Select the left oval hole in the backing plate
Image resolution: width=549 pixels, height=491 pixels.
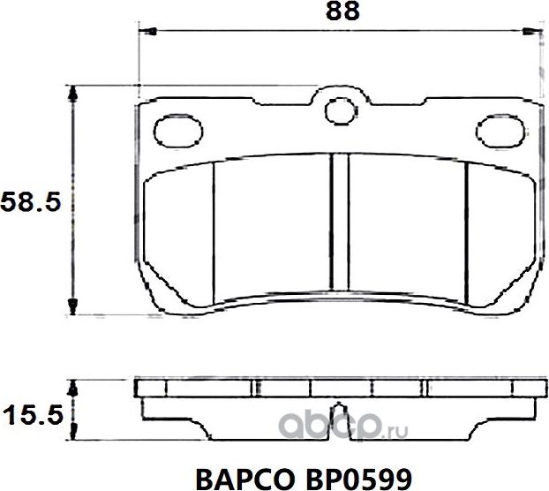click(x=177, y=130)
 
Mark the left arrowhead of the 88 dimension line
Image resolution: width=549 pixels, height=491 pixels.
click(x=148, y=34)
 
